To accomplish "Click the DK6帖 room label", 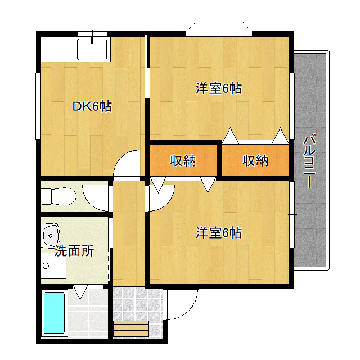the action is click(92, 106).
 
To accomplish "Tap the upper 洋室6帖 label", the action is click(219, 88).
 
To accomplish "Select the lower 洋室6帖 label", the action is click(219, 233).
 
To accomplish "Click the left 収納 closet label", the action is click(183, 160).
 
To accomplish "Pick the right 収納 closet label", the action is click(255, 160).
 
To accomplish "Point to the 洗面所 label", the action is click(74, 251).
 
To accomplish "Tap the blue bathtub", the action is click(54, 313).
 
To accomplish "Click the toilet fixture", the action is click(58, 196).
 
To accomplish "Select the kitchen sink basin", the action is click(92, 49).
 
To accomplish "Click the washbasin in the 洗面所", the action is click(51, 236).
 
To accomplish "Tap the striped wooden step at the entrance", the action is click(131, 328).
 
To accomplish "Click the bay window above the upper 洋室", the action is click(219, 28).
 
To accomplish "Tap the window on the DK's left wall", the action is click(38, 106).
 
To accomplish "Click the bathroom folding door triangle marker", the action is click(80, 292).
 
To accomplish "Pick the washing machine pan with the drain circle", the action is click(53, 266).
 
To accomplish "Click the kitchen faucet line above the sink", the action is click(92, 37).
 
